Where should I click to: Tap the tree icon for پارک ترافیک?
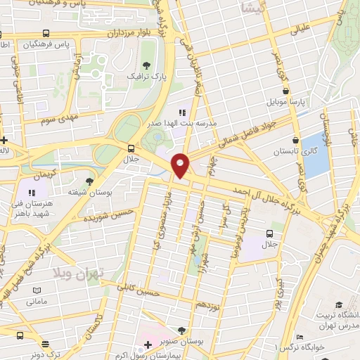click(148, 63)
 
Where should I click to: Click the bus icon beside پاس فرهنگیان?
click(46, 33)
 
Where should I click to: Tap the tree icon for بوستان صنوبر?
click(182, 330)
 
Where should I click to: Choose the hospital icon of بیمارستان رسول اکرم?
click(148, 344)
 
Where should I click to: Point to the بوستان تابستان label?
click(293, 152)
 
